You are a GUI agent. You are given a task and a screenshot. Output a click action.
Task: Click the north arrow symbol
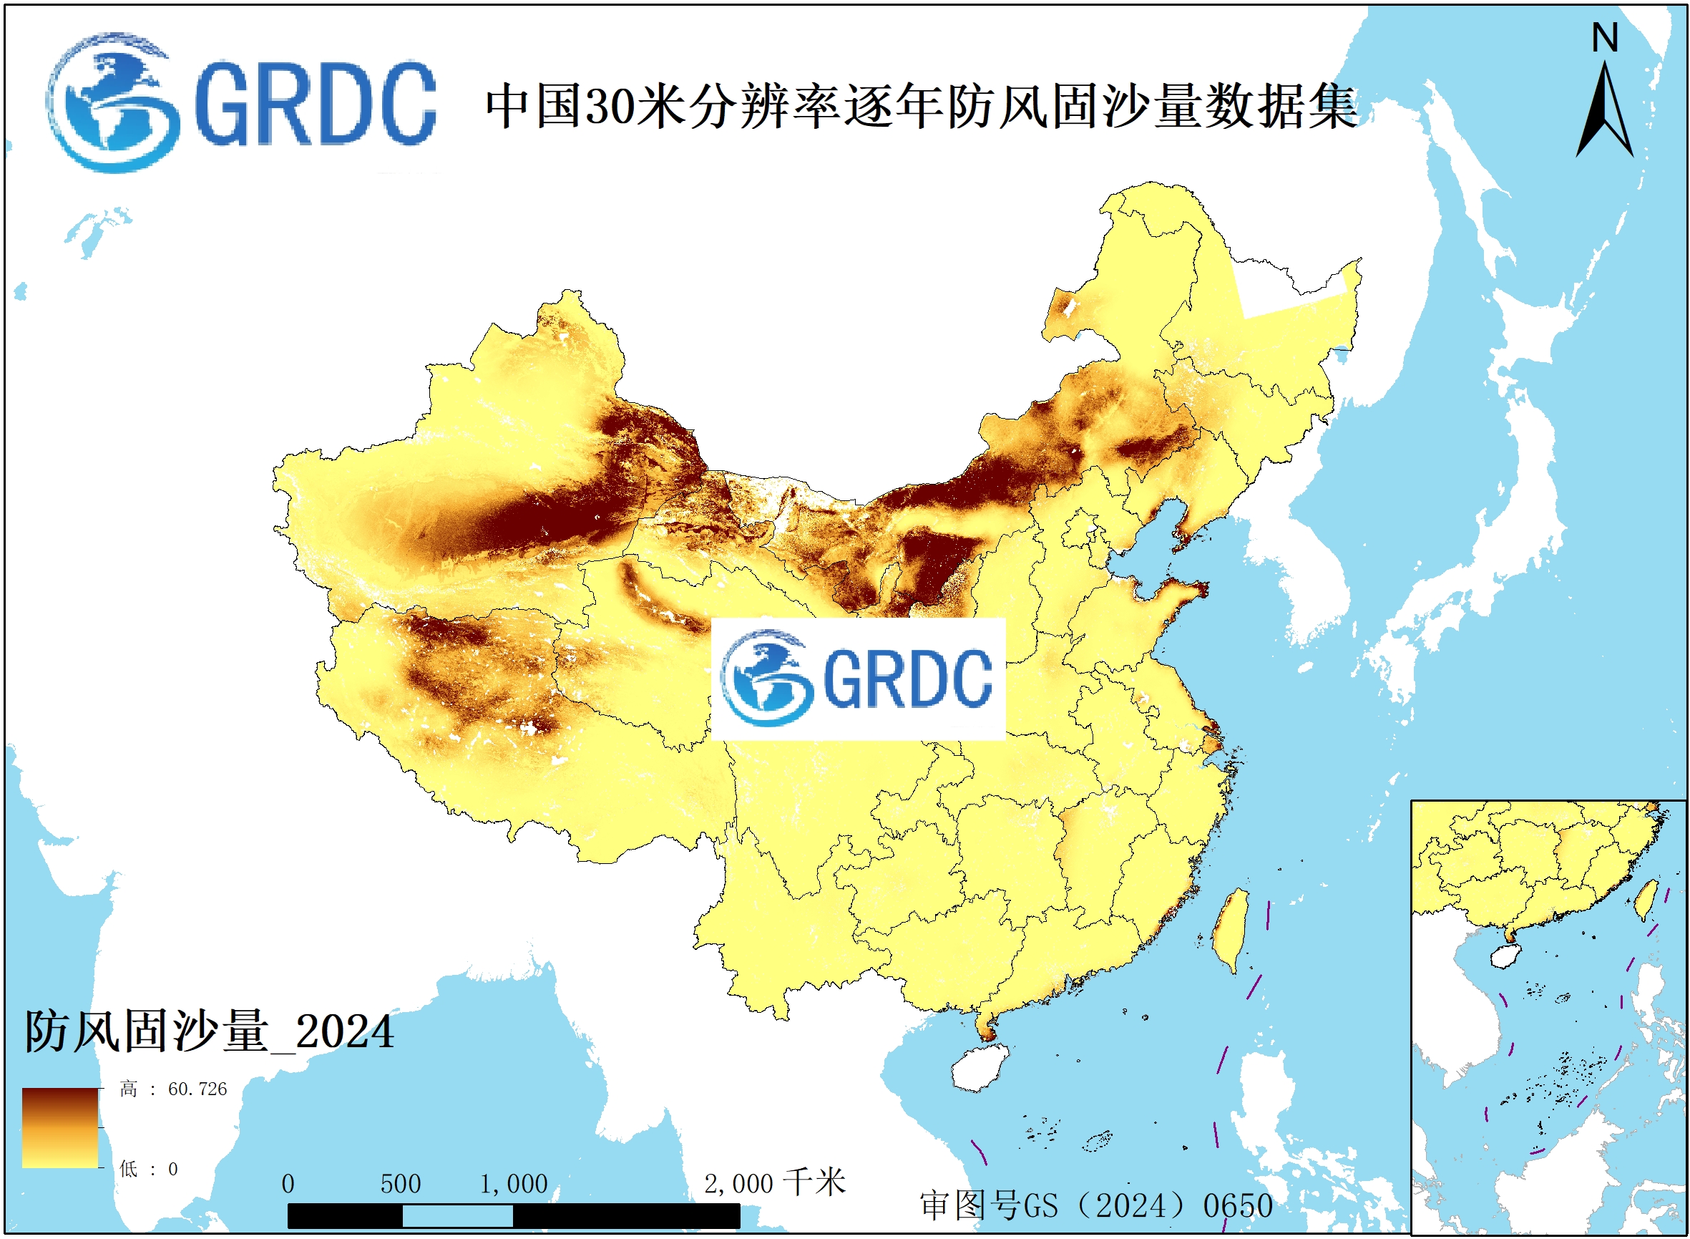pos(1605,112)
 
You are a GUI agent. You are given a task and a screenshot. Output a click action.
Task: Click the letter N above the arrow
pos(1605,37)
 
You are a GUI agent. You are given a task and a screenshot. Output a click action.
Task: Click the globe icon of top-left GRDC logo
pos(114,102)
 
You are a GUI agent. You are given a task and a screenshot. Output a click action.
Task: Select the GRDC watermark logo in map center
pos(857,679)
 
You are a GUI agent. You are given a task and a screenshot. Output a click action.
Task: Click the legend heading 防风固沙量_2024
pos(209,1032)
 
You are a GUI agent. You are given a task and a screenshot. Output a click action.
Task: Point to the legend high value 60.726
pos(197,1089)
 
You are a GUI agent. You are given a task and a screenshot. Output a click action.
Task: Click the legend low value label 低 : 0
pos(148,1170)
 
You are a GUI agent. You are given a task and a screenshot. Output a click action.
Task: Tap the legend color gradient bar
pos(60,1128)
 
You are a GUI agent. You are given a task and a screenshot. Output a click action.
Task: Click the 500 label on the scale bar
pos(401,1185)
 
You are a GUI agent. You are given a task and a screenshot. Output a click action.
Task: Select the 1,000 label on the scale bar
pos(514,1185)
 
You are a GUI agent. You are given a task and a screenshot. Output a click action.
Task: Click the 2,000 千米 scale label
pos(773,1182)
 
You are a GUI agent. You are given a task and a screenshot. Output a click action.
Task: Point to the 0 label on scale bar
pos(288,1185)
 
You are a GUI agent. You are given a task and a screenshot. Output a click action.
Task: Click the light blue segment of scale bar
pos(457,1216)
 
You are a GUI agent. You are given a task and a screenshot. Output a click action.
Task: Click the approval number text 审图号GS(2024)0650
pos(1095,1205)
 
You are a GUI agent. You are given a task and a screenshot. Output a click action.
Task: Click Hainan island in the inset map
pos(1503,956)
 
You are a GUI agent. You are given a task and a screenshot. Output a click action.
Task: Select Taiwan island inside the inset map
pos(1646,900)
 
